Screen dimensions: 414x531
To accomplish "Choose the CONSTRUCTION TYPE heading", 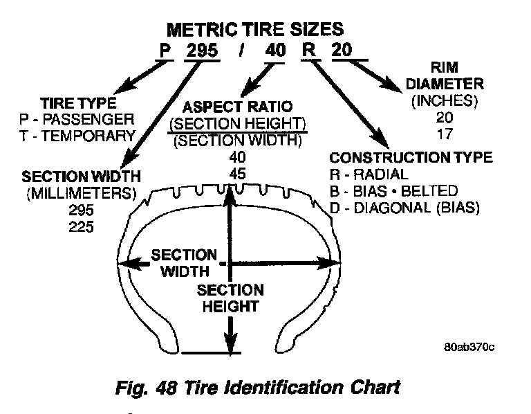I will [x=411, y=158].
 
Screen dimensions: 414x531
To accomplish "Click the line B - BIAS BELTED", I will [x=394, y=190].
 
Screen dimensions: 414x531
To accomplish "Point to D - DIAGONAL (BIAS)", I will [x=405, y=207].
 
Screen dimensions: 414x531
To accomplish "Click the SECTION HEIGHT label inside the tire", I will [x=230, y=298].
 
